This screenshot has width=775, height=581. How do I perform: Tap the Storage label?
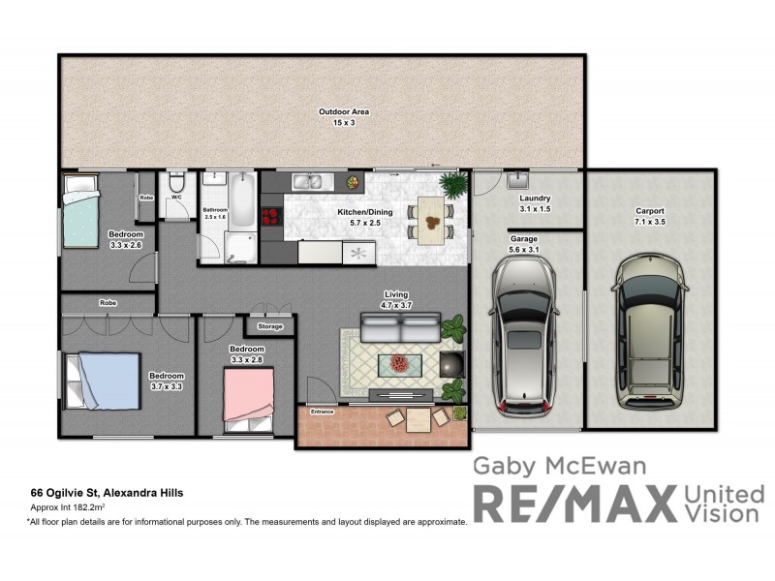click(270, 326)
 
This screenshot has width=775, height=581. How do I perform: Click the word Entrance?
click(322, 413)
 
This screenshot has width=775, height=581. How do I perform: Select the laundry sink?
click(516, 180)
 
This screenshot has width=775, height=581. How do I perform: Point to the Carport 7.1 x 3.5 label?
click(650, 216)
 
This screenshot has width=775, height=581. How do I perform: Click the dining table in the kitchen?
click(431, 219)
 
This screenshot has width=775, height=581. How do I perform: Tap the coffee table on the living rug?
click(400, 364)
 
